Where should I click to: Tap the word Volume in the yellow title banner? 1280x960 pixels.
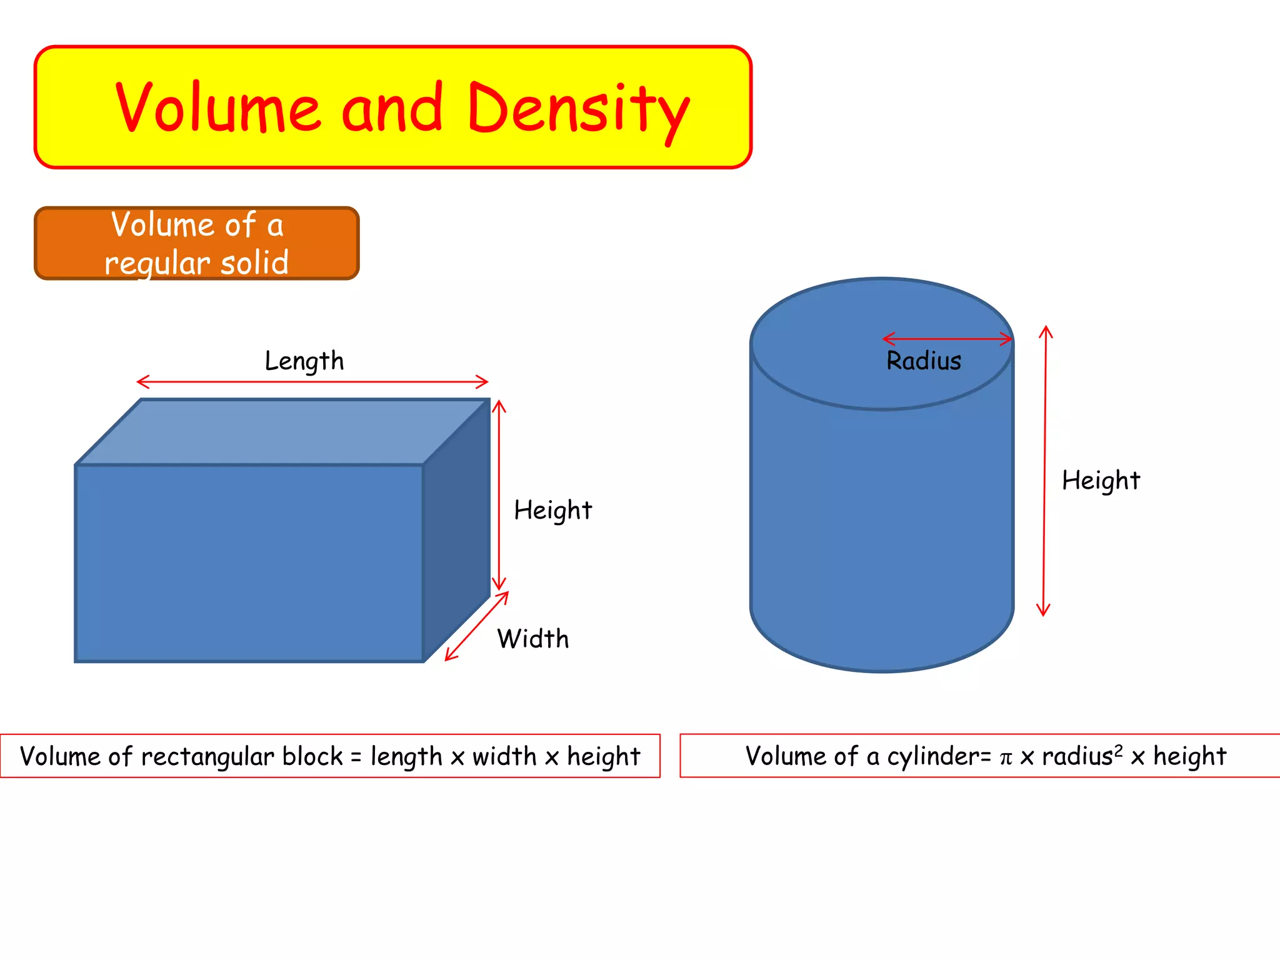218,107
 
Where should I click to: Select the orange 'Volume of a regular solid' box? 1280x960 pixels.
196,243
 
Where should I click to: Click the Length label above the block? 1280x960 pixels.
304,361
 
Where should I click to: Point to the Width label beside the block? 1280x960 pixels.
533,639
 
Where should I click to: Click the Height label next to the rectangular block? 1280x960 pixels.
552,511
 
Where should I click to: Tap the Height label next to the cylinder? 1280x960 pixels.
1101,481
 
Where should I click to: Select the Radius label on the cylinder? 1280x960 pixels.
924,361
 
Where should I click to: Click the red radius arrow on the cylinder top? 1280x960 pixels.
947,339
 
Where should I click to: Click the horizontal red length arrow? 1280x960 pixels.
312,381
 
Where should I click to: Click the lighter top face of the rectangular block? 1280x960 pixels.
281,432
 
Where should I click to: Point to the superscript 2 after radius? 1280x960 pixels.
1119,750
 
